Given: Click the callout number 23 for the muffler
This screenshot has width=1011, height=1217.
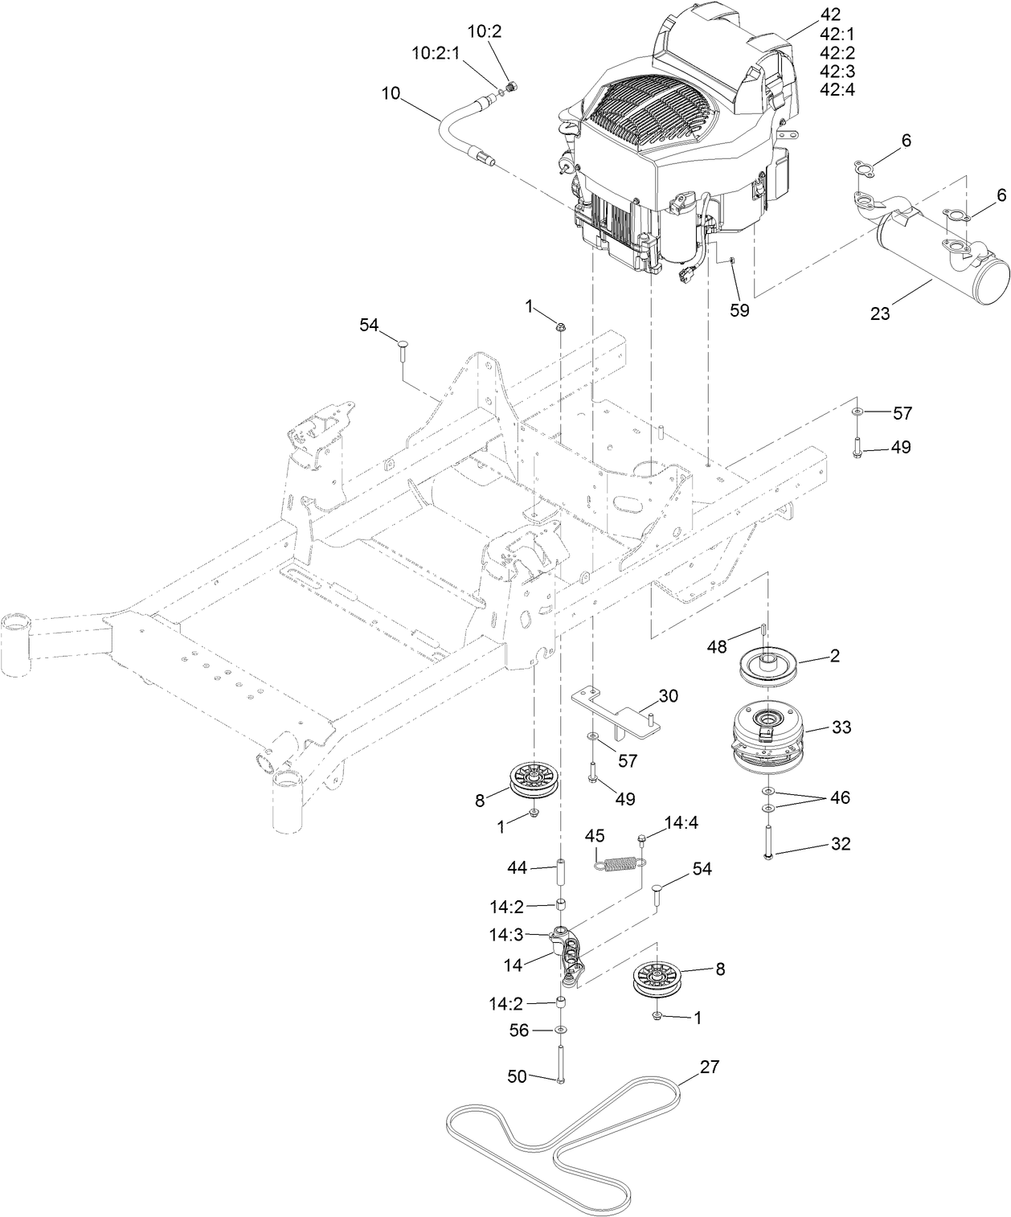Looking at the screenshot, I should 880,313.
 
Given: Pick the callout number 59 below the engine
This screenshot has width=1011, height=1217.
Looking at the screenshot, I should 739,309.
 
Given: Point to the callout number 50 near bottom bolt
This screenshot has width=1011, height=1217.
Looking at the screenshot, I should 517,1076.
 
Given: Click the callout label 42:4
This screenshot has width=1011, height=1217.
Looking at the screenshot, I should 837,89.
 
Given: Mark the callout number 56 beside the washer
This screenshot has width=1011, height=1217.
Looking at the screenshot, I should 519,1030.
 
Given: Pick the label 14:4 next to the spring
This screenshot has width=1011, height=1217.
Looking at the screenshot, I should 682,823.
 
